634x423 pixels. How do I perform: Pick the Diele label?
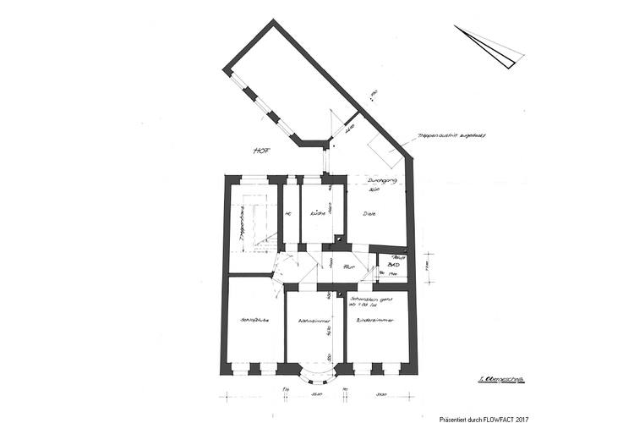(x=369, y=214)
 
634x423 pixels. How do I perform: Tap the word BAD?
(x=392, y=265)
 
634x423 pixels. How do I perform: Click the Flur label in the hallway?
(x=347, y=265)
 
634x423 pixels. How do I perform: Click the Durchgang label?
(x=377, y=180)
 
